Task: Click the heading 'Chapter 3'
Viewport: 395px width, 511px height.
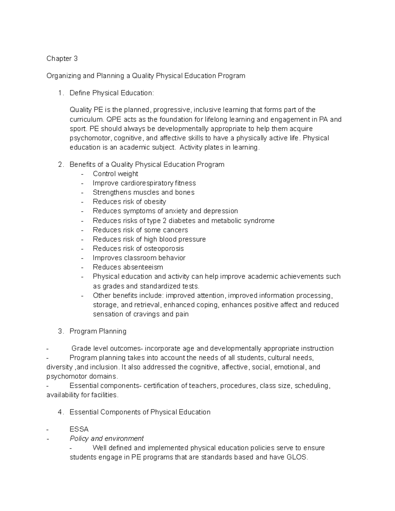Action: (62, 59)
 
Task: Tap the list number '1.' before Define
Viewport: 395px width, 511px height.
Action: (61, 93)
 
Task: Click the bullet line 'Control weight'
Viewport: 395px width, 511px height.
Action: (115, 174)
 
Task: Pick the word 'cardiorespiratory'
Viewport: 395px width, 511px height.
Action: (146, 183)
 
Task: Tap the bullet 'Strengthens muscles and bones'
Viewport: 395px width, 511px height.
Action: (144, 192)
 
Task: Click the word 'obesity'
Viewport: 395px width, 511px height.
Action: (155, 202)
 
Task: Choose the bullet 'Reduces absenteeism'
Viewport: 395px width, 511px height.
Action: (128, 267)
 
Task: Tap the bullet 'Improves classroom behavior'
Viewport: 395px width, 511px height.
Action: (139, 258)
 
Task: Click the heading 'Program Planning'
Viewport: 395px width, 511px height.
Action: (98, 331)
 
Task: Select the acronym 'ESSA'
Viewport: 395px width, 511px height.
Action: (79, 429)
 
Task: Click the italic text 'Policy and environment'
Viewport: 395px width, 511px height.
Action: (107, 439)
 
